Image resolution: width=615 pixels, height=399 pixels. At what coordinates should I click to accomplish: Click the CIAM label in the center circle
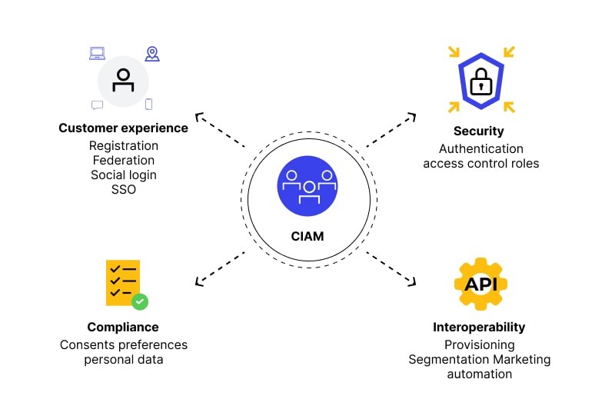tap(307, 237)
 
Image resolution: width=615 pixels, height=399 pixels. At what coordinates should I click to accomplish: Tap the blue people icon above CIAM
tap(307, 187)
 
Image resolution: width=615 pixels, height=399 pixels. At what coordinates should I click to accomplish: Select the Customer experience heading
tap(123, 128)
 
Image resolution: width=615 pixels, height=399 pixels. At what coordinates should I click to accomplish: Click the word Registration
tap(123, 145)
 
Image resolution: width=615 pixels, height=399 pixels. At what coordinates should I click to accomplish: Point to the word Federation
tap(123, 160)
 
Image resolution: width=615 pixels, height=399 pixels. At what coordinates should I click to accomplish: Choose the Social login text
tap(123, 175)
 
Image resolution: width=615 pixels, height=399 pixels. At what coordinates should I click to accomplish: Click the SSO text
tap(123, 189)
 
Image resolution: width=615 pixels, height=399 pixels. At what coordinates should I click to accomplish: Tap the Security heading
tap(478, 131)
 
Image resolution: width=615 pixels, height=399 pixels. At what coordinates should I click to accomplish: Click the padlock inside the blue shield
tap(480, 81)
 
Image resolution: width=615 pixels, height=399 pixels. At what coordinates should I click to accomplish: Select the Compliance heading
tap(123, 327)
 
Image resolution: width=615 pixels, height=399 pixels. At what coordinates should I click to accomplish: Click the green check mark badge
tap(140, 301)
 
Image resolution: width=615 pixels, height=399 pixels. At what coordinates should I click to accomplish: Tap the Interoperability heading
tap(479, 328)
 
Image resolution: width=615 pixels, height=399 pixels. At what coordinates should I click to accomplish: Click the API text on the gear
tap(480, 284)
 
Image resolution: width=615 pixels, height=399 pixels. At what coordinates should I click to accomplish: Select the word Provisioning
tap(479, 345)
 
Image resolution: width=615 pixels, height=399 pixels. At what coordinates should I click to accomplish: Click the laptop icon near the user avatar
tap(97, 53)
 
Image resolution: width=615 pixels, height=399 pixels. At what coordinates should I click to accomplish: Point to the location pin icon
tap(152, 53)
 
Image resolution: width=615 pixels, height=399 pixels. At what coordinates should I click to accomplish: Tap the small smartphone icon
tap(149, 104)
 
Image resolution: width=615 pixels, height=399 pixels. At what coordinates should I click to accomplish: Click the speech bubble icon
tap(97, 105)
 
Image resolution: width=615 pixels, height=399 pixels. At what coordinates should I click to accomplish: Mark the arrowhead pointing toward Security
tap(413, 117)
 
